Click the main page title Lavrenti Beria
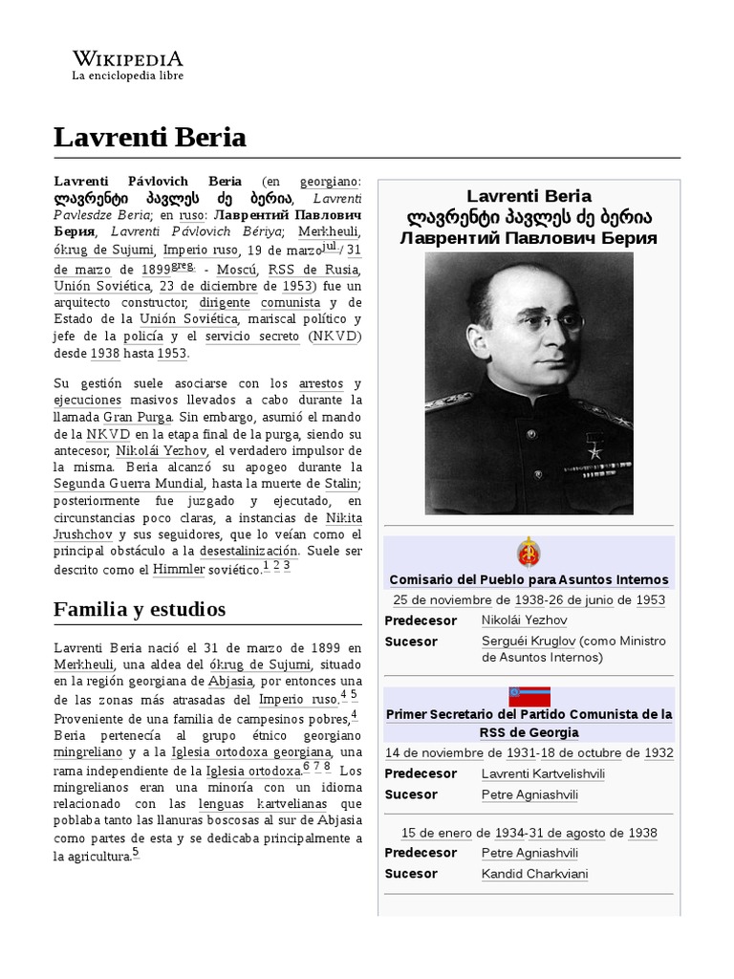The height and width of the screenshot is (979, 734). [x=150, y=138]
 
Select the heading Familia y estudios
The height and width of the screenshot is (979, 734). [x=140, y=609]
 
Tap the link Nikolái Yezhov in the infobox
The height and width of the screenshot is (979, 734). [x=525, y=620]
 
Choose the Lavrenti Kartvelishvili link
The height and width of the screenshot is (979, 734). [x=543, y=773]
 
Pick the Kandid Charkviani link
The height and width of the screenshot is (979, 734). [x=534, y=874]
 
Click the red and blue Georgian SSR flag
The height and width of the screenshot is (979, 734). [x=529, y=696]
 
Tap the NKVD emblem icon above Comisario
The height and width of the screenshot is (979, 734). [x=529, y=554]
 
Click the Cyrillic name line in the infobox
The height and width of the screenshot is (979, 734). [x=529, y=238]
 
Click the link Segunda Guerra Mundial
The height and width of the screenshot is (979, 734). [x=114, y=484]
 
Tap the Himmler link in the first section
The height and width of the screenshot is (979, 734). [x=179, y=569]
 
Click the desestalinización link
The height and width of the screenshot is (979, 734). [x=248, y=552]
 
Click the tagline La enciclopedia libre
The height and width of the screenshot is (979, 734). [x=128, y=76]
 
